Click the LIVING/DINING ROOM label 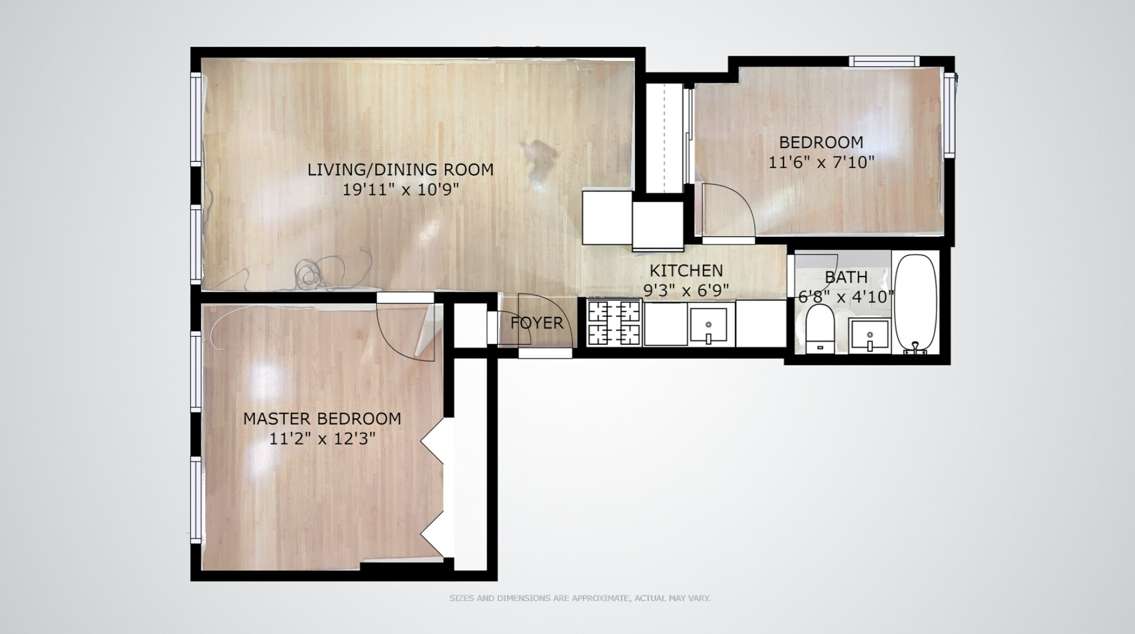[x=400, y=170]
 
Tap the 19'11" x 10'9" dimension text [x=400, y=190]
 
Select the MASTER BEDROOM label [x=322, y=419]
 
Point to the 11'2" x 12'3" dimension [x=322, y=439]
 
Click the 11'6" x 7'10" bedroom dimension [x=821, y=162]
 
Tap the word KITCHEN [x=686, y=270]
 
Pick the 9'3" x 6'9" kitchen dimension [x=686, y=290]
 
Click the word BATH [x=846, y=277]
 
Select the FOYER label [x=536, y=323]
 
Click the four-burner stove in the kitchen [x=613, y=323]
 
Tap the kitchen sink [x=708, y=326]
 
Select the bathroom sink [x=870, y=335]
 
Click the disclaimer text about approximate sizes [x=579, y=599]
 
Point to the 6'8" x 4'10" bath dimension [x=846, y=297]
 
